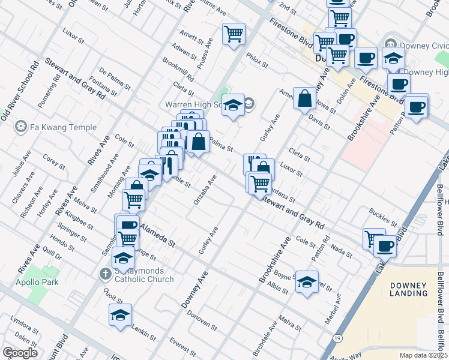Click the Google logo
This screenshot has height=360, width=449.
click(20, 353)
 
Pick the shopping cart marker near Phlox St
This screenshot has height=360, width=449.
click(234, 33)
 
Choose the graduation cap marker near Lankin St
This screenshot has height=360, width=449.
click(120, 314)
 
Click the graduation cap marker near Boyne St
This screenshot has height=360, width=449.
click(307, 283)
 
